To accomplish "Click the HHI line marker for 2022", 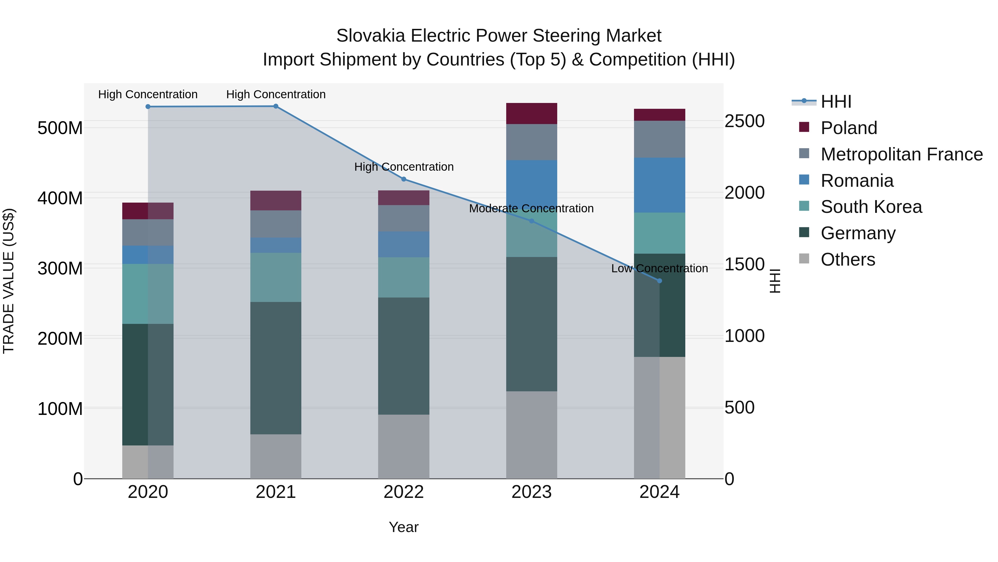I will point(404,179).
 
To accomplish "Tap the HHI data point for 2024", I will point(660,281).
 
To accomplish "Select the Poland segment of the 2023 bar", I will point(531,114).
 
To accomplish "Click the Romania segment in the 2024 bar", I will point(660,185).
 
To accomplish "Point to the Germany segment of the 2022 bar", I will point(404,356).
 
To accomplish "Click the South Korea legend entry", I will point(871,207).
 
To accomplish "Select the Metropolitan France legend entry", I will point(902,154).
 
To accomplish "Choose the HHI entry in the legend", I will point(836,102).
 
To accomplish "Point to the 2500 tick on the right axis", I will point(745,121).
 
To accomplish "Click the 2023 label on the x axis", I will point(531,492).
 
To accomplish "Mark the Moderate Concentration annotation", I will point(531,209).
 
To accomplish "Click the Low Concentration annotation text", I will point(660,268).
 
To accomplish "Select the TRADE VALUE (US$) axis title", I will point(9,281).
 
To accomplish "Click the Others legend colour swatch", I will point(804,259).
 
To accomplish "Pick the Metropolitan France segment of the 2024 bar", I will point(660,139).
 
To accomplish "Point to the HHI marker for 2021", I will point(276,106).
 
